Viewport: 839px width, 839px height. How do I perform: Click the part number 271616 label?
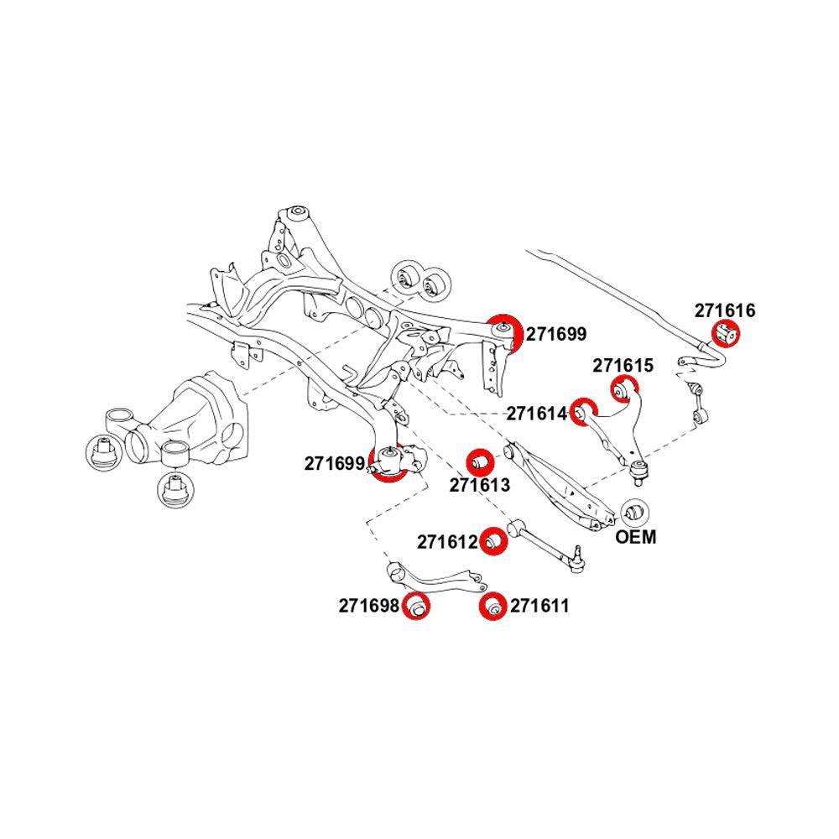pos(724,310)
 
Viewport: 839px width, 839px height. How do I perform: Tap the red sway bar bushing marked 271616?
pos(727,335)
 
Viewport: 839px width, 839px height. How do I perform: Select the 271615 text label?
pos(623,366)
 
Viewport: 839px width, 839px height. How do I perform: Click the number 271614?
pos(535,414)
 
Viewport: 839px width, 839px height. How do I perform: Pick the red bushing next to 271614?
pos(581,412)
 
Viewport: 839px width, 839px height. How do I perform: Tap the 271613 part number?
pos(479,484)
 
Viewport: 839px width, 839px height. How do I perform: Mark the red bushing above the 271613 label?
pos(479,461)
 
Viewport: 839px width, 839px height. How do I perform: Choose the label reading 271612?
pos(446,542)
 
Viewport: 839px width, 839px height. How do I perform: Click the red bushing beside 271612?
pos(494,540)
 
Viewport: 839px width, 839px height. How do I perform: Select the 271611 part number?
pos(539,605)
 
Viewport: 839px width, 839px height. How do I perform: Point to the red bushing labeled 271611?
pos(494,607)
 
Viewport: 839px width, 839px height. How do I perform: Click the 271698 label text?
pos(368,605)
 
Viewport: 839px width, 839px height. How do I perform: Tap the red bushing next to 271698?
pos(416,606)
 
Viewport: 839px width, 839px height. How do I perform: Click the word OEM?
pos(636,537)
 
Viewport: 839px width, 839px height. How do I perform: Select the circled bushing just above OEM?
pos(634,511)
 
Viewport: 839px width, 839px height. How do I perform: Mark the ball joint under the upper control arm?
pos(640,472)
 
